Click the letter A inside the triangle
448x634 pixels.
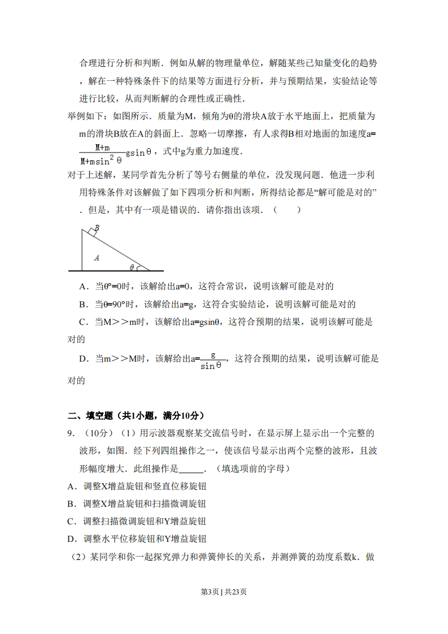click(97, 258)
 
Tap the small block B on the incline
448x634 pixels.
click(92, 230)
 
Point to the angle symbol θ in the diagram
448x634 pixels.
click(132, 267)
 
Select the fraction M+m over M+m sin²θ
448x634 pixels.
click(102, 153)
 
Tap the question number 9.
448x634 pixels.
click(71, 433)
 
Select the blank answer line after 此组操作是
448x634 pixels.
click(190, 468)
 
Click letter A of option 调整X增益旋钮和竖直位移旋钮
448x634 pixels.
click(71, 486)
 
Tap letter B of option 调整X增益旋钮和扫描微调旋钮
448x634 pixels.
click(71, 503)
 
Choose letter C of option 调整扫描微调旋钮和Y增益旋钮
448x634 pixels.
click(71, 521)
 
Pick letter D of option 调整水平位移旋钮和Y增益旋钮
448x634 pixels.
click(71, 539)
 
